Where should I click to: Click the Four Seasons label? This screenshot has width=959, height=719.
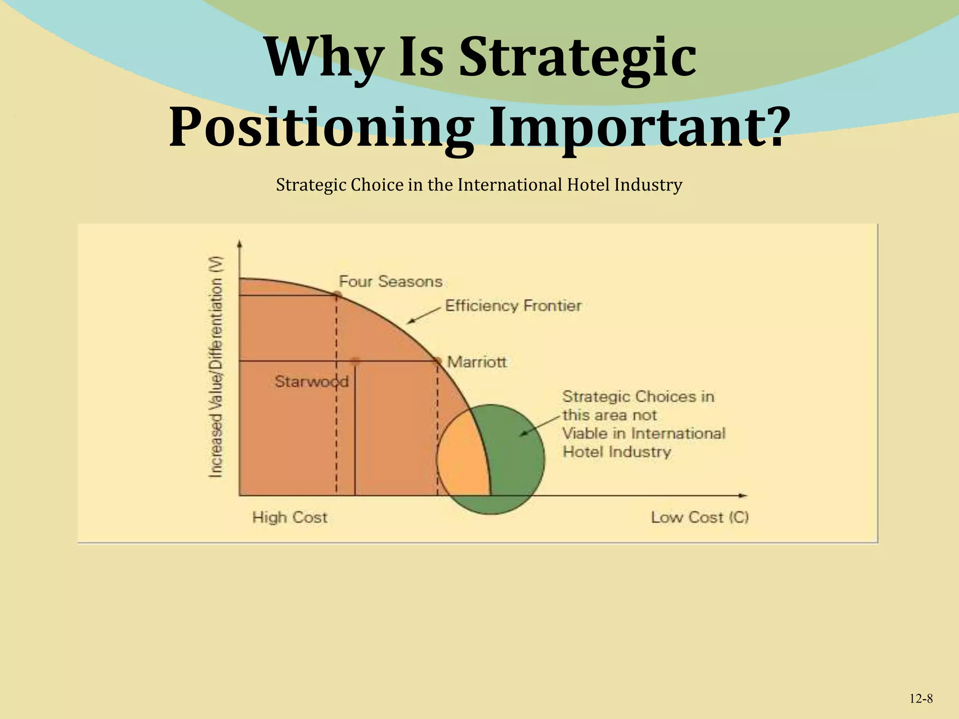coord(391,281)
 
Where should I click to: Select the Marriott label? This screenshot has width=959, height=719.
coord(477,362)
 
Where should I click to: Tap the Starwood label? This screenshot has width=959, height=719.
coord(311,382)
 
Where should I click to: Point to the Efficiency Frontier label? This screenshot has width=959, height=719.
coord(513,306)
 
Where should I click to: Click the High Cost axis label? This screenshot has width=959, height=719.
coord(290,517)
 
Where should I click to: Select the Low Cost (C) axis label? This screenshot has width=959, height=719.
coord(700,517)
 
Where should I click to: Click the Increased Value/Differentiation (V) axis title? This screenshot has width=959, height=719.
coord(215,368)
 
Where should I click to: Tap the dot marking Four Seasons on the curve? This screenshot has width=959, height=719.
coord(337,294)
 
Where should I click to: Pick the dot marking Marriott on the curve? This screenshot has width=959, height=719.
coord(437,361)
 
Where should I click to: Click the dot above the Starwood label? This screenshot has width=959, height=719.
coord(355,361)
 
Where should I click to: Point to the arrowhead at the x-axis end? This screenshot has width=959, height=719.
coord(743,495)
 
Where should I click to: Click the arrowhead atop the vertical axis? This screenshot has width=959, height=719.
coord(240,243)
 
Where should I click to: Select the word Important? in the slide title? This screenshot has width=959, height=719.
coord(635,127)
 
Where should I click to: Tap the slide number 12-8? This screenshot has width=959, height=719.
coord(921,699)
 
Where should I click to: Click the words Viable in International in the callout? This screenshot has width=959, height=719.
coord(643,433)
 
